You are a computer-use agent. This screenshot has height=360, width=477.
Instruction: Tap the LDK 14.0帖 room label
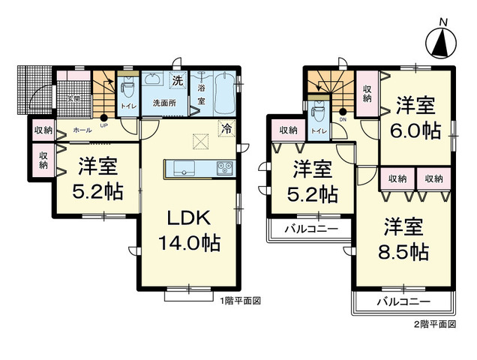pos(187,230)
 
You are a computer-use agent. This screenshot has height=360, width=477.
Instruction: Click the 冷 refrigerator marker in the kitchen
pos(226,127)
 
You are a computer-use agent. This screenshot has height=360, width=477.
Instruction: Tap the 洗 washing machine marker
pos(178,79)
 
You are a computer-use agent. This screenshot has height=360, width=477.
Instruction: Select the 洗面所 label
pos(164,103)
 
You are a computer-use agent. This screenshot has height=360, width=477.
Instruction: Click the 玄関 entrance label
pos(73,98)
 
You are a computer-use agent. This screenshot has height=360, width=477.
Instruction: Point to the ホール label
pos(82,130)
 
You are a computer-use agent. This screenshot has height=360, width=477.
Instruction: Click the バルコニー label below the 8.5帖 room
pos(403,301)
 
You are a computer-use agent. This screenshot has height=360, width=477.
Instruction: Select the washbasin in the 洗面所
pos(154,79)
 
